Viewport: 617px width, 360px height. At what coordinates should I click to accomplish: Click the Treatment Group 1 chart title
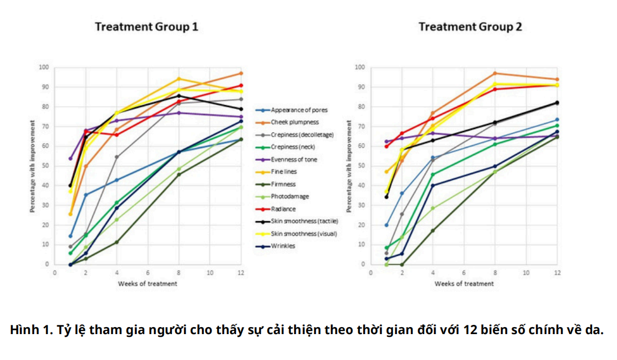[x=146, y=26]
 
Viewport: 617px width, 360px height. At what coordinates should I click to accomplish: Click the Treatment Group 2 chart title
[x=470, y=26]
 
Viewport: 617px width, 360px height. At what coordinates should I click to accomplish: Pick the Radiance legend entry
[x=283, y=209]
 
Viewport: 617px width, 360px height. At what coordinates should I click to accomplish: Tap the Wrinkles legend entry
[x=283, y=246]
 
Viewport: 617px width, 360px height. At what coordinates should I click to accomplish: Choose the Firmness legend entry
[x=283, y=184]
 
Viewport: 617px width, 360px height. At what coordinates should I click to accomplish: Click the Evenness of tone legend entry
[x=294, y=159]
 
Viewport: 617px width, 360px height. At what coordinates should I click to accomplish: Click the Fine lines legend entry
[x=284, y=172]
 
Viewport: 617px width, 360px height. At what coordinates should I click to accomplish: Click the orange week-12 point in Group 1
[x=241, y=73]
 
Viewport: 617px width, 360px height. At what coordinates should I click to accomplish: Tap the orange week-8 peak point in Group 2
[x=494, y=73]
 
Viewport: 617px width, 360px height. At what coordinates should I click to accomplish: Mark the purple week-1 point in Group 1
[x=70, y=159]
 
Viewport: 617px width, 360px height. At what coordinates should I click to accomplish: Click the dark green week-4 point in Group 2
[x=432, y=230]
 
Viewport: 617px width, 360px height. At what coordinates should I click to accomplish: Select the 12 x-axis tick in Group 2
[x=557, y=273]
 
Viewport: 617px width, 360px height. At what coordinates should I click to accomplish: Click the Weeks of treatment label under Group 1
[x=148, y=283]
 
